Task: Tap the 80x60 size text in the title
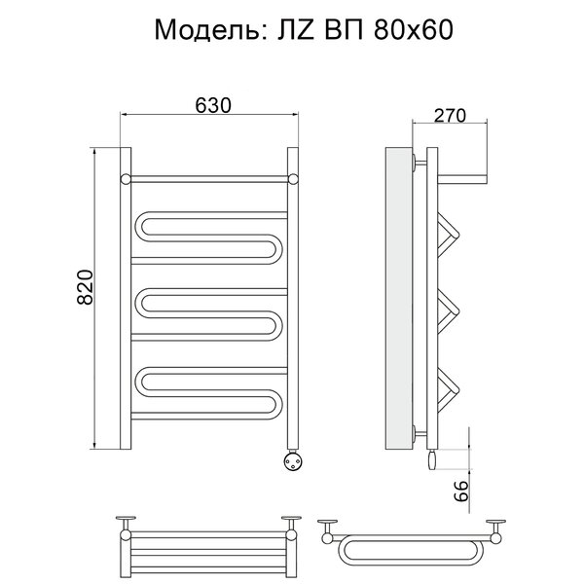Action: [x=414, y=30]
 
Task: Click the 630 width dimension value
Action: [x=213, y=105]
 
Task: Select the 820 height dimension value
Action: [x=86, y=287]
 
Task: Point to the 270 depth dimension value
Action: [x=450, y=116]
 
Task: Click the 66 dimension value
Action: [x=460, y=491]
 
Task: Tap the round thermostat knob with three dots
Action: [x=292, y=460]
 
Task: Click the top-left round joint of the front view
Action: [x=126, y=179]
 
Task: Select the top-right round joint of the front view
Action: [x=293, y=179]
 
